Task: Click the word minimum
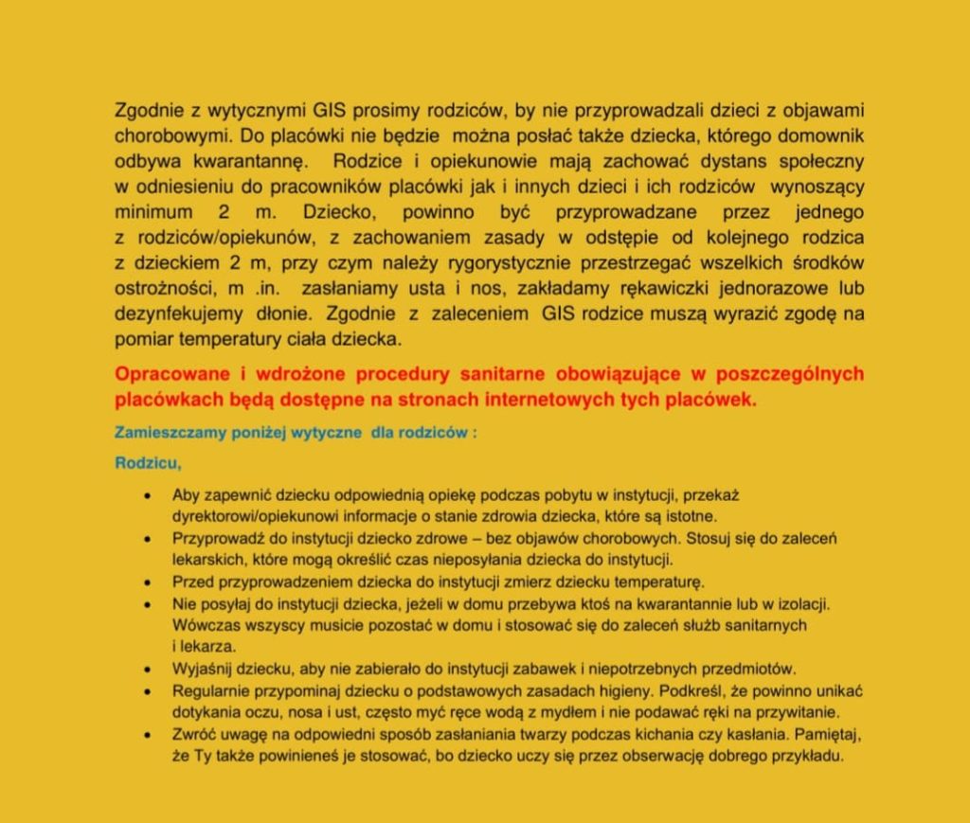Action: pyautogui.click(x=153, y=212)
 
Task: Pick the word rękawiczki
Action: pyautogui.click(x=691, y=288)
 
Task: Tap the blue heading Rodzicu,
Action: pyautogui.click(x=147, y=464)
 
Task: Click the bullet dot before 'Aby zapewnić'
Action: pyautogui.click(x=146, y=495)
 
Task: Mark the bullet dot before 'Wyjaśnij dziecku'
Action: pyautogui.click(x=146, y=668)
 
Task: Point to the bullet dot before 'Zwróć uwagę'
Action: pyautogui.click(x=146, y=733)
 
